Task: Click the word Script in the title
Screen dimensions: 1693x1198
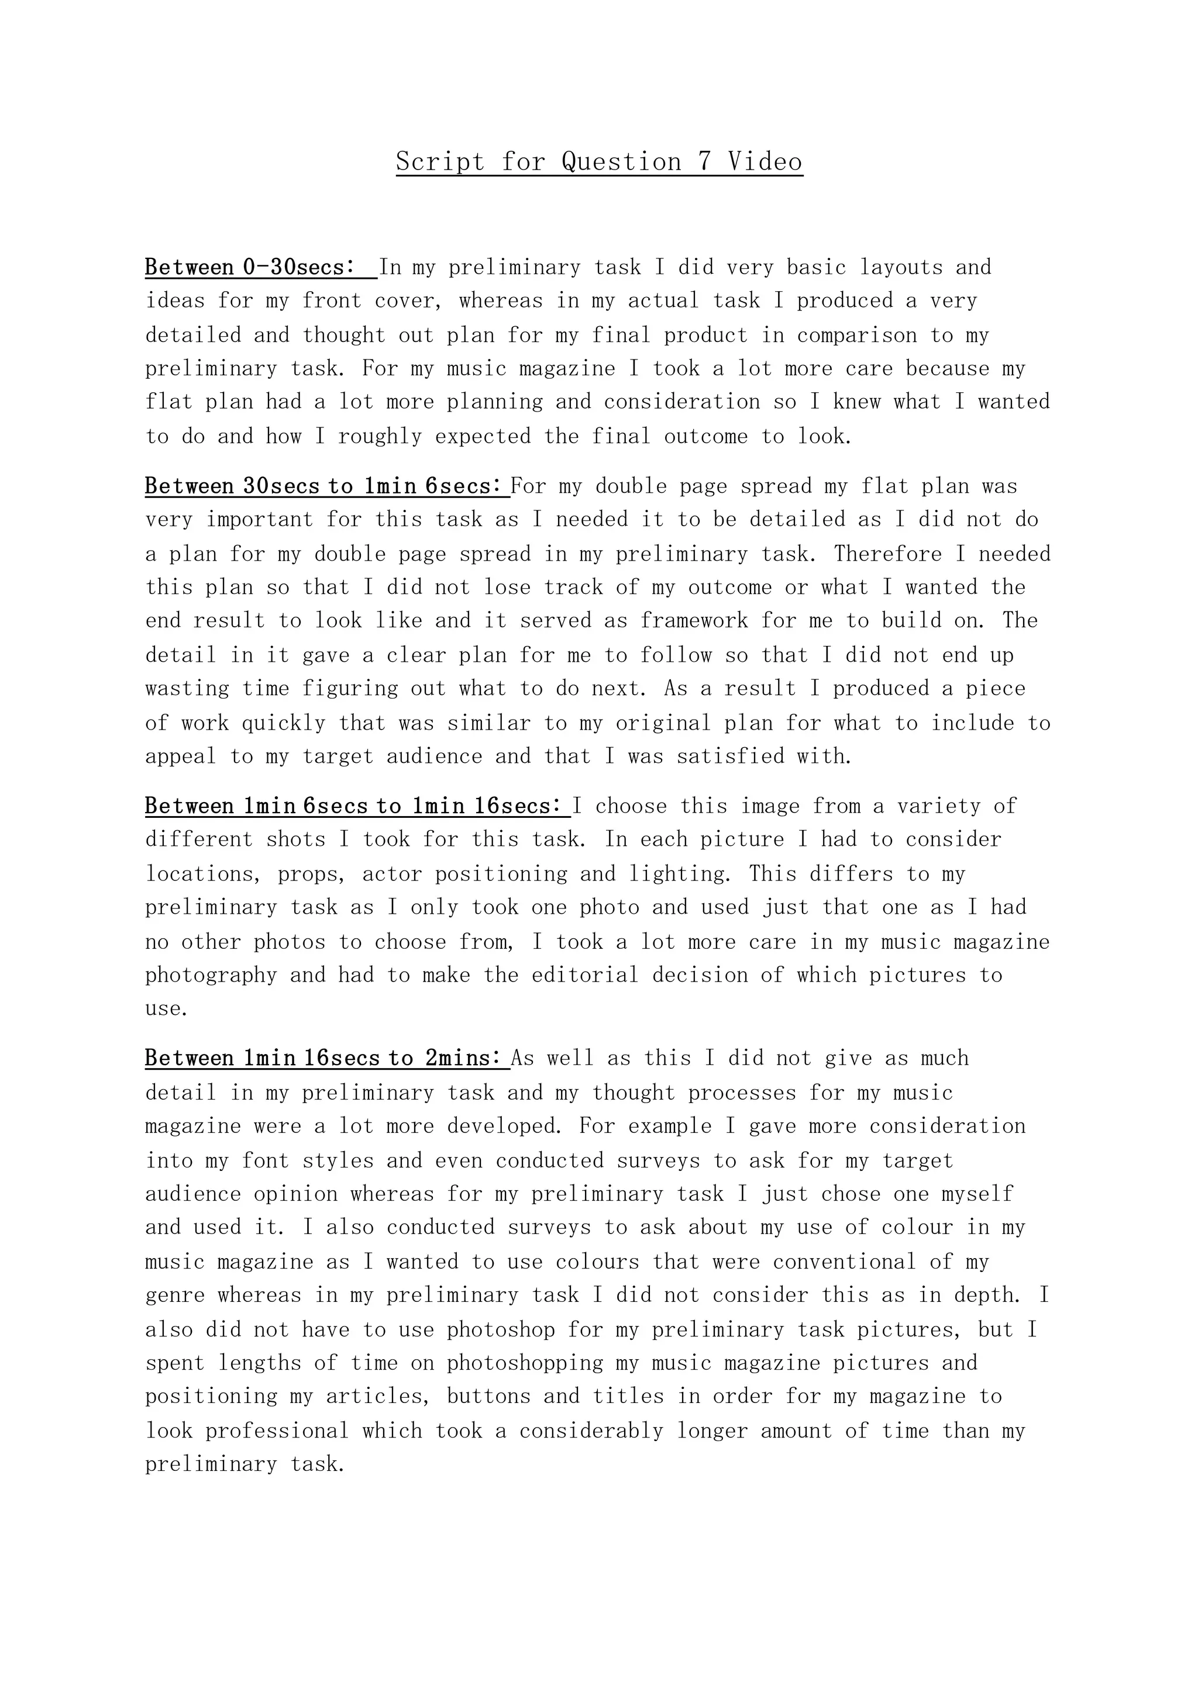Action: (x=440, y=161)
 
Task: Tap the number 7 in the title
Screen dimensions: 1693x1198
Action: (x=704, y=161)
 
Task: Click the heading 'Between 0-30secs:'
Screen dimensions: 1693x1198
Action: (x=251, y=267)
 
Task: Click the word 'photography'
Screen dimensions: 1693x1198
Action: (x=211, y=975)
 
